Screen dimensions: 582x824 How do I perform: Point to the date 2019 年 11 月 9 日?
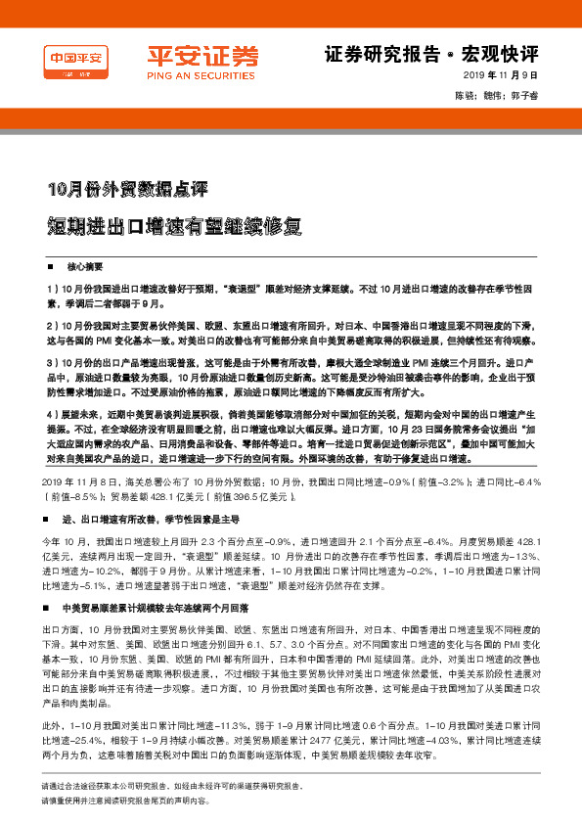(501, 76)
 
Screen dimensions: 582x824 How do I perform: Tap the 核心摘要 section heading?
(84, 266)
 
